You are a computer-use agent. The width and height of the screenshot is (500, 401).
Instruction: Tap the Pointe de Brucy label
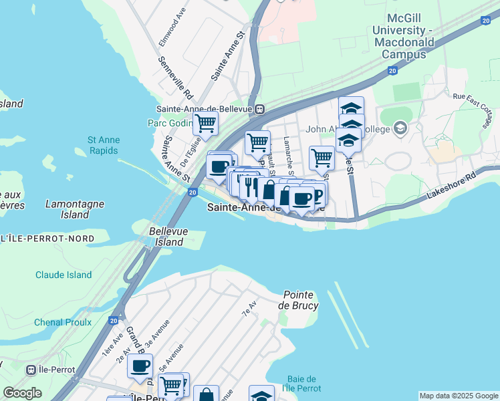coord(301,300)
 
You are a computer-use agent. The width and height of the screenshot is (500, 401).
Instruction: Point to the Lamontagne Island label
coord(67,209)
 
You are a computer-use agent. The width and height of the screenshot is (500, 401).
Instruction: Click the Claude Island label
coord(64,275)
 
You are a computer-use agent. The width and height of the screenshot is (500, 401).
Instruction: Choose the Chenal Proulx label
coord(63,323)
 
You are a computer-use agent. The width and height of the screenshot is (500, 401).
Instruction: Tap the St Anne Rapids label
coord(102,145)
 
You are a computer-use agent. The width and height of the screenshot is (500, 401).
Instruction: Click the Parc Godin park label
coord(168,123)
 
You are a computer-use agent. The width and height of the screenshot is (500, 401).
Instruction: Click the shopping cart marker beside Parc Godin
coord(205,123)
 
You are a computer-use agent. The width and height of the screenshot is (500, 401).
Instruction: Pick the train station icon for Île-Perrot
coord(31,370)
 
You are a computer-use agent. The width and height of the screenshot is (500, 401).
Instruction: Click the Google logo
coord(22,393)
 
